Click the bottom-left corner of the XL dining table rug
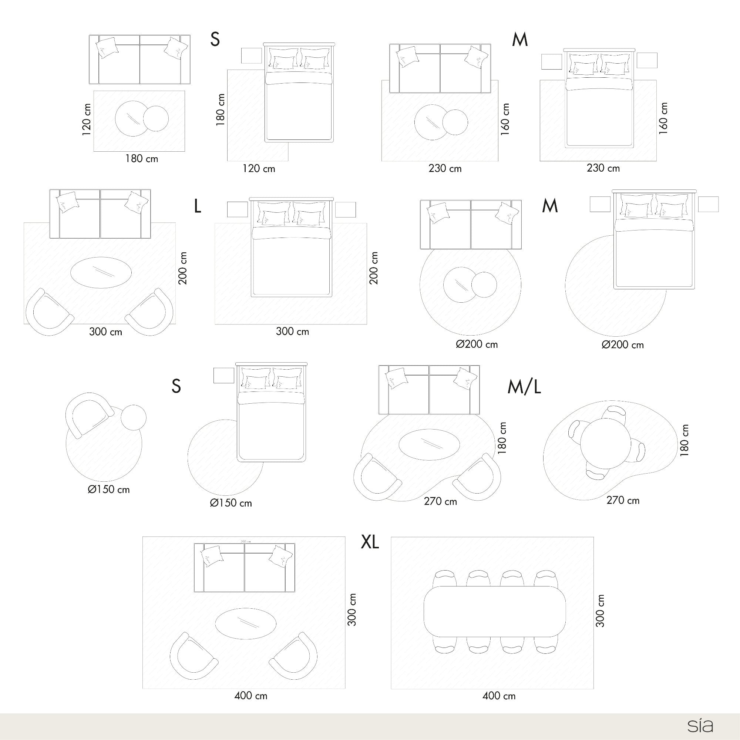coord(391,689)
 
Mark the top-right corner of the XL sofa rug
coord(345,536)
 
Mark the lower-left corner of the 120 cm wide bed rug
coord(228,161)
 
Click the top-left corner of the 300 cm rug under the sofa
coord(24,223)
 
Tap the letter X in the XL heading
coord(366,542)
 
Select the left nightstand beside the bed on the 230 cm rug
coord(552,61)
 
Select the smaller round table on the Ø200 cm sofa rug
coord(484,285)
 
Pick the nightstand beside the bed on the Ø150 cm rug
coord(224,375)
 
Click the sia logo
coord(700,725)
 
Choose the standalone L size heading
coord(197,206)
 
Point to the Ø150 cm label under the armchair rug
coord(109,489)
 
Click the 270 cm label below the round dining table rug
coord(623,500)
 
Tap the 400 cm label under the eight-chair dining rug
coord(499,696)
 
